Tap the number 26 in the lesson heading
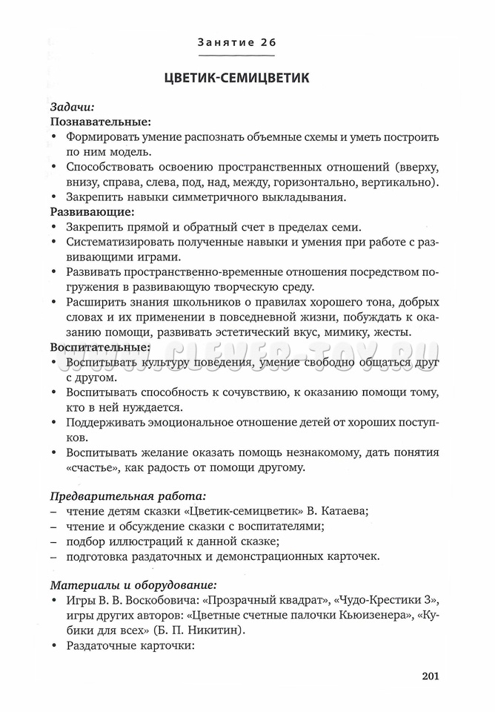point(268,42)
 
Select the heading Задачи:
point(72,106)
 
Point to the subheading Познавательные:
point(100,122)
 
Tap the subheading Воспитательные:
point(100,346)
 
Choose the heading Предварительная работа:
point(127,495)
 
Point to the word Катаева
point(343,512)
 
